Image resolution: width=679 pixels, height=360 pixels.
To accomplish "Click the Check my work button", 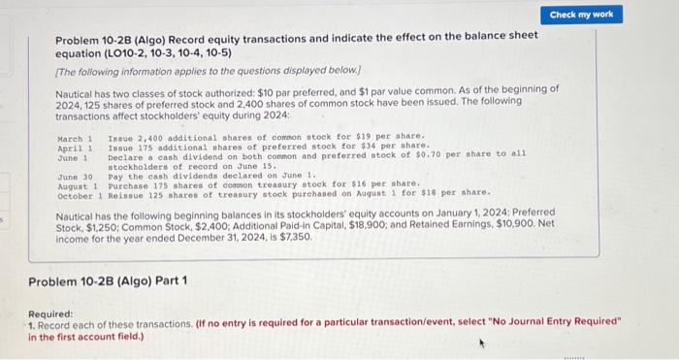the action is pos(581,15).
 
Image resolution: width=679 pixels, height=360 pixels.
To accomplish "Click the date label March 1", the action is pos(76,138).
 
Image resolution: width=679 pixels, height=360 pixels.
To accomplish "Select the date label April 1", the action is pos(76,147).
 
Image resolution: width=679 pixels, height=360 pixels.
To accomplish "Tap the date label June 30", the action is pos(76,175).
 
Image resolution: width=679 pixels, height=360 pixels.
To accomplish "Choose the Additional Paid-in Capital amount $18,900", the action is pos(358,224).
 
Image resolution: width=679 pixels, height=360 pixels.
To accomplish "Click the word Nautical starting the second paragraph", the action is pos(80,213).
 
